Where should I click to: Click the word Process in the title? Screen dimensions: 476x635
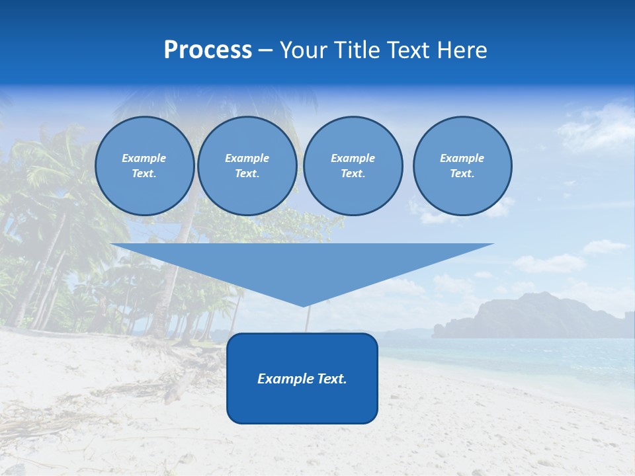[208, 50]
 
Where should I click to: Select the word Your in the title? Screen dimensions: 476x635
[303, 50]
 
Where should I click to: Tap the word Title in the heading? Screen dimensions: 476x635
[356, 50]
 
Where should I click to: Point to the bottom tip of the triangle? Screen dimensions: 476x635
[303, 305]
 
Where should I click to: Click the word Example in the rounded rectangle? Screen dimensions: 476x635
[283, 379]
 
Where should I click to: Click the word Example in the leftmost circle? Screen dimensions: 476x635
[144, 158]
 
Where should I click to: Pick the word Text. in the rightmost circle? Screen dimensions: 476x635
[462, 173]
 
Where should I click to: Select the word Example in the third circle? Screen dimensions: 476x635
[353, 158]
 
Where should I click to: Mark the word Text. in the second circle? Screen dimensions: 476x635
[247, 173]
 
